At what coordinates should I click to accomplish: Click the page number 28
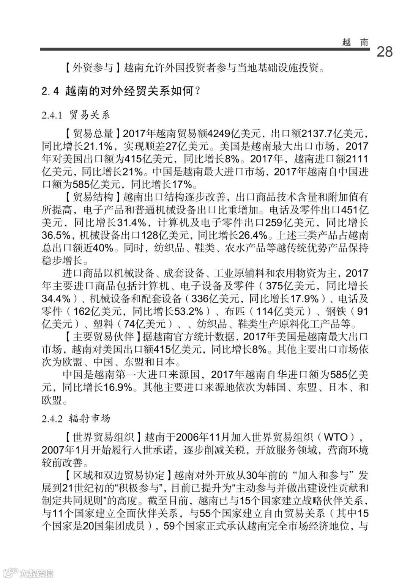(x=384, y=52)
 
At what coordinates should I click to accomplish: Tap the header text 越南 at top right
(x=355, y=42)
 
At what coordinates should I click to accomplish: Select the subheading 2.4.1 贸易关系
(x=76, y=115)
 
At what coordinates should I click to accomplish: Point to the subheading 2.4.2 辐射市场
(x=76, y=418)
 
